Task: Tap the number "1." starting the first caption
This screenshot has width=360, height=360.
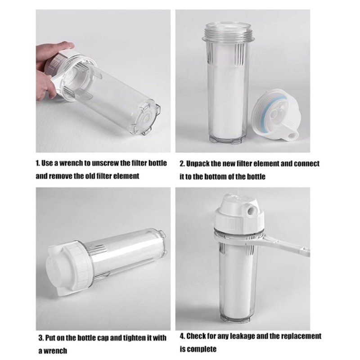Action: [x=38, y=163]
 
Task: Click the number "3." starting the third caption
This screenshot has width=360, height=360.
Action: [x=41, y=338]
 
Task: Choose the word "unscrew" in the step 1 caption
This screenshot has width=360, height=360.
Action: [x=105, y=163]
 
